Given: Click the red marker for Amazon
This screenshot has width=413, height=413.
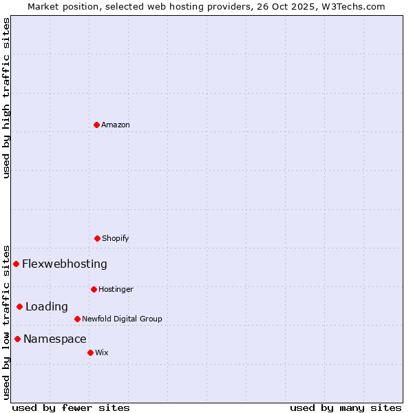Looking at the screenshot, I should coord(97,125).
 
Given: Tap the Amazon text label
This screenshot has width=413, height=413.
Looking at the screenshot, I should coord(116,125).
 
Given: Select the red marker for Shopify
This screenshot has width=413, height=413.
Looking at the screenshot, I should coord(97,238).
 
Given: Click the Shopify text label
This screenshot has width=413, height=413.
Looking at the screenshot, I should coord(116,238).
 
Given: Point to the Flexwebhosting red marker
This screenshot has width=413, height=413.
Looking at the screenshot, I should coord(17,264).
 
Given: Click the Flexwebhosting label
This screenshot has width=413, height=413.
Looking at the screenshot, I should coord(65,264).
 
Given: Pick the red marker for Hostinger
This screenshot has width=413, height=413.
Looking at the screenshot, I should coord(94,289).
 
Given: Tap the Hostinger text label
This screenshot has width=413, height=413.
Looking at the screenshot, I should coord(116,289).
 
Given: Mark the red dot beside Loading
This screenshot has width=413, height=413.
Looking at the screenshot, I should coord(20,306).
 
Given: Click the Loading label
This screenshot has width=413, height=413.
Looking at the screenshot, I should coord(47,306).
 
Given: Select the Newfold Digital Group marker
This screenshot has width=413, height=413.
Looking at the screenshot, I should coord(77,319).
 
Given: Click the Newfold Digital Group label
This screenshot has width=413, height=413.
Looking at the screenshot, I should coord(122,319).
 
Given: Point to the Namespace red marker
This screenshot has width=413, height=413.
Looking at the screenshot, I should coord(18,339).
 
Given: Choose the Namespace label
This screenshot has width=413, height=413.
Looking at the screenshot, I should coord(55,339).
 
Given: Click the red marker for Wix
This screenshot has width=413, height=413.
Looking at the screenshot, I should coord(90,352).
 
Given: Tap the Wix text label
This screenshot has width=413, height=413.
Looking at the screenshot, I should coord(102,352).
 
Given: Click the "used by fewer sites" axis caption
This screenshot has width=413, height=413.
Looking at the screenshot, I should coord(71,407).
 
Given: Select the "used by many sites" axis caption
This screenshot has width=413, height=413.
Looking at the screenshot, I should coord(346,407).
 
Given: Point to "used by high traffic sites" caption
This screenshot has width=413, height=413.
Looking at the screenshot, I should coord(6,98).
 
